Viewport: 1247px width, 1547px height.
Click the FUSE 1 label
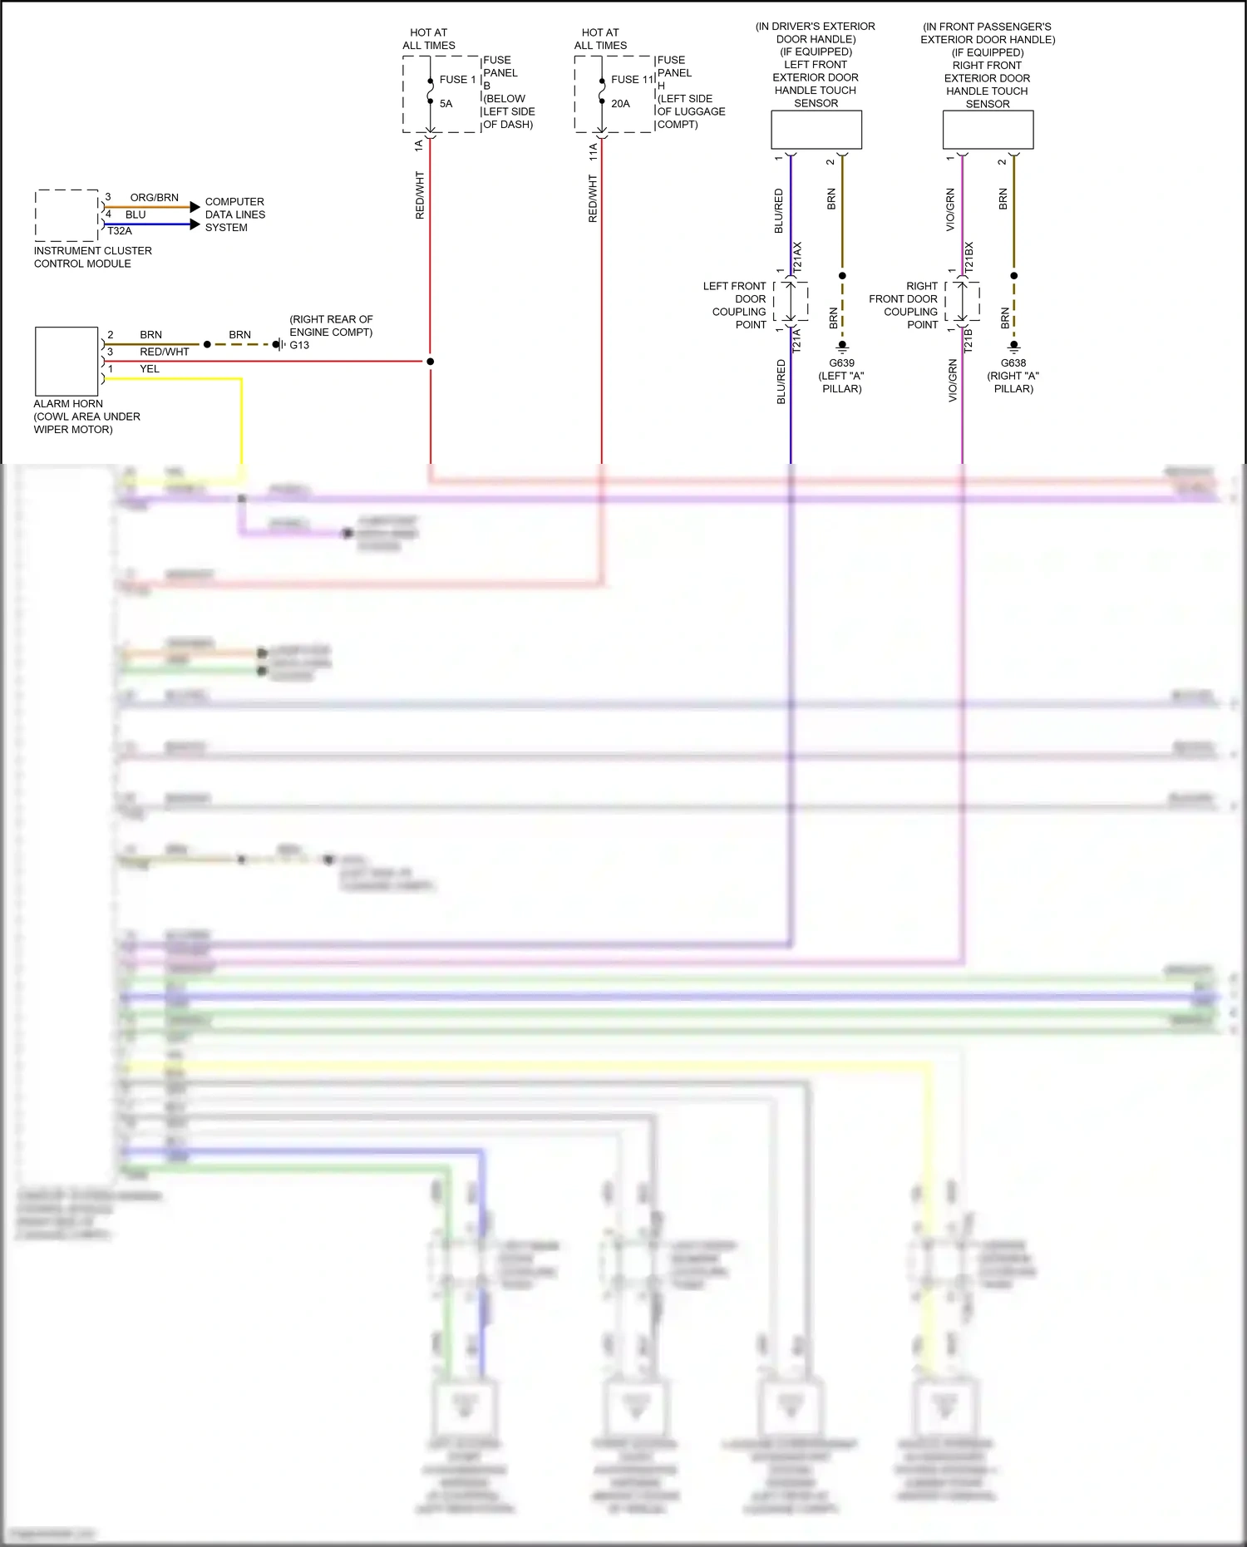coord(457,80)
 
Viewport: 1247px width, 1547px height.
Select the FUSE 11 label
coord(633,80)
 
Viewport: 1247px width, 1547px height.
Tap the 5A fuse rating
coord(446,104)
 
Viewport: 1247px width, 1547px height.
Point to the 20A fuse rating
coord(620,104)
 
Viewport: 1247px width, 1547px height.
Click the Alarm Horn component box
coord(67,362)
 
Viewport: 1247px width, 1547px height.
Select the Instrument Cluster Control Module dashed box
coord(67,215)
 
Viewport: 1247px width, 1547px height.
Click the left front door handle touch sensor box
coord(816,130)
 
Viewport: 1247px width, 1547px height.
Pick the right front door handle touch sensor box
coord(988,130)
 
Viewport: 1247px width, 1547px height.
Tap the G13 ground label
coord(299,345)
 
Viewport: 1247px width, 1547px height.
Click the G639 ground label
coord(841,363)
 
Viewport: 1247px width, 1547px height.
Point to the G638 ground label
coord(1013,363)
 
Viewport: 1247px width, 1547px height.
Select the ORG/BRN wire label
coord(155,198)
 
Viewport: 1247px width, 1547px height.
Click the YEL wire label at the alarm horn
coord(150,369)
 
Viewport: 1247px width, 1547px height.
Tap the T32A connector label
coord(120,231)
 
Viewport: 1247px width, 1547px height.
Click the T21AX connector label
coord(797,258)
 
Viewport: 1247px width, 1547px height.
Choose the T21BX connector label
coord(969,258)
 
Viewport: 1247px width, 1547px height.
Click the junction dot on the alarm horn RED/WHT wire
coord(431,362)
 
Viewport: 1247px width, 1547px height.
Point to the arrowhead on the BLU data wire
coord(195,224)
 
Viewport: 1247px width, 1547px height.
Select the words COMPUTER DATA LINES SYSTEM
coord(234,214)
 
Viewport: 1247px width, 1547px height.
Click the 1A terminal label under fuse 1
coord(419,145)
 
